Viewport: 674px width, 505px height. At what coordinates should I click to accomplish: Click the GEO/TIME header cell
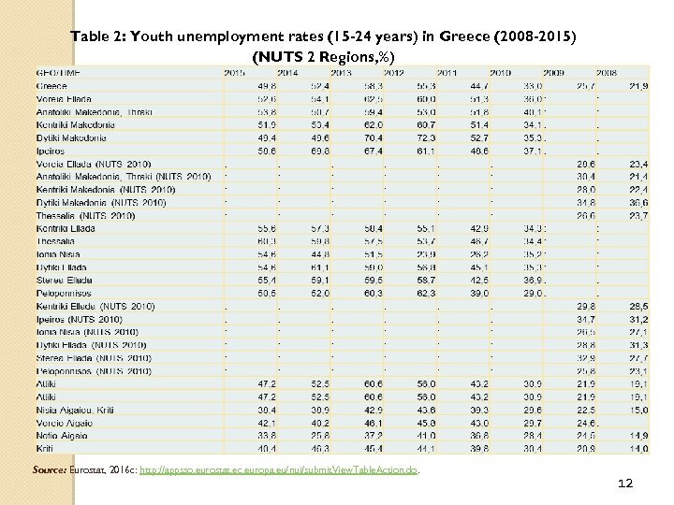57,73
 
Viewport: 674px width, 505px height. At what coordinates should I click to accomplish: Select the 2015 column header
235,73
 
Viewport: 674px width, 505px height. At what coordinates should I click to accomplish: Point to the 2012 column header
394,73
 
